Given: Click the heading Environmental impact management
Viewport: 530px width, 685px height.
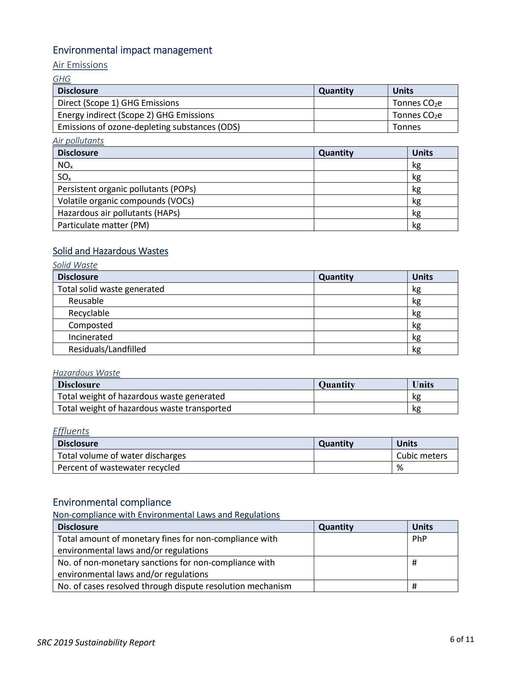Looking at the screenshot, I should pyautogui.click(x=132, y=50).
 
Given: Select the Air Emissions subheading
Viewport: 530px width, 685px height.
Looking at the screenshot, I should pyautogui.click(x=80, y=65).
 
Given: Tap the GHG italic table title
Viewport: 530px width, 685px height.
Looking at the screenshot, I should pyautogui.click(x=61, y=79).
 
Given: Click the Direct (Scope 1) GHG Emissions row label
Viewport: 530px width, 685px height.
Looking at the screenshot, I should pyautogui.click(x=118, y=103).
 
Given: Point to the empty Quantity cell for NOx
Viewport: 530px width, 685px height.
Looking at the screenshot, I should pyautogui.click(x=360, y=165).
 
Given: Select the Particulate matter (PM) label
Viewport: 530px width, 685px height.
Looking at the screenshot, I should pyautogui.click(x=103, y=225).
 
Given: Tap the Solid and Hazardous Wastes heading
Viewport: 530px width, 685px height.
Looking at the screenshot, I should pyautogui.click(x=110, y=251).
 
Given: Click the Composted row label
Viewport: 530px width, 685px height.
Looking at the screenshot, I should pyautogui.click(x=90, y=325).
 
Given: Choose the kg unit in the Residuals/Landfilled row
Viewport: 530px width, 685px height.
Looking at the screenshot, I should pyautogui.click(x=416, y=349).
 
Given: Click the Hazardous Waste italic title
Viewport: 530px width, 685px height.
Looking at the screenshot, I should pyautogui.click(x=86, y=373).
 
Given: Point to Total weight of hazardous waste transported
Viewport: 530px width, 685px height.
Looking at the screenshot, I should pyautogui.click(x=144, y=408).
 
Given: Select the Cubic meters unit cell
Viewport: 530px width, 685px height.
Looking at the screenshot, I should pyautogui.click(x=421, y=456).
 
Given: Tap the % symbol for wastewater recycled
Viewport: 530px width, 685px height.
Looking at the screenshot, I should pyautogui.click(x=400, y=468).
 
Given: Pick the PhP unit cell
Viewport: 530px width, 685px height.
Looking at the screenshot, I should pyautogui.click(x=419, y=539).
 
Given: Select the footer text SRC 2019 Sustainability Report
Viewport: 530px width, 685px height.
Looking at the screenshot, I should pyautogui.click(x=96, y=643).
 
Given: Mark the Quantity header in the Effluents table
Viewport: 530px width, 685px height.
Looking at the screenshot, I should pyautogui.click(x=336, y=443).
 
